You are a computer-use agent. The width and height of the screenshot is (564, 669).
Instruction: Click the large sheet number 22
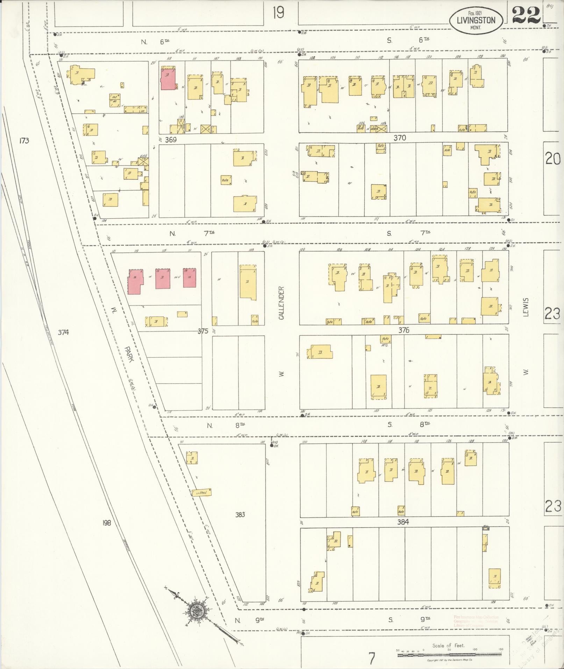(527, 15)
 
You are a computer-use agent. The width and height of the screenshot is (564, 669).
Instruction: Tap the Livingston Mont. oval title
(476, 21)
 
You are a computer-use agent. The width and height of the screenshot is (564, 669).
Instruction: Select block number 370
(399, 138)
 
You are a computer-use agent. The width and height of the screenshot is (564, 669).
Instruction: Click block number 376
(404, 330)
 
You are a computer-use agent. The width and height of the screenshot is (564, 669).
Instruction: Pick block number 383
(240, 514)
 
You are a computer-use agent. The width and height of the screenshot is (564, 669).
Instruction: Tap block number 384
(403, 522)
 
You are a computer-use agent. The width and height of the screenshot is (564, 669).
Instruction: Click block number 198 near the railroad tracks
(107, 523)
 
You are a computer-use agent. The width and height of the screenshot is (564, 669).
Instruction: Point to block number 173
(24, 141)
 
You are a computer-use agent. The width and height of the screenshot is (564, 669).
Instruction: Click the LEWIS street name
(526, 307)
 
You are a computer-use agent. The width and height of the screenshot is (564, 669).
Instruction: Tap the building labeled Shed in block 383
(201, 492)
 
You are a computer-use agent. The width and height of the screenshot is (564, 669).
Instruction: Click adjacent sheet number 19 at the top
(279, 13)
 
